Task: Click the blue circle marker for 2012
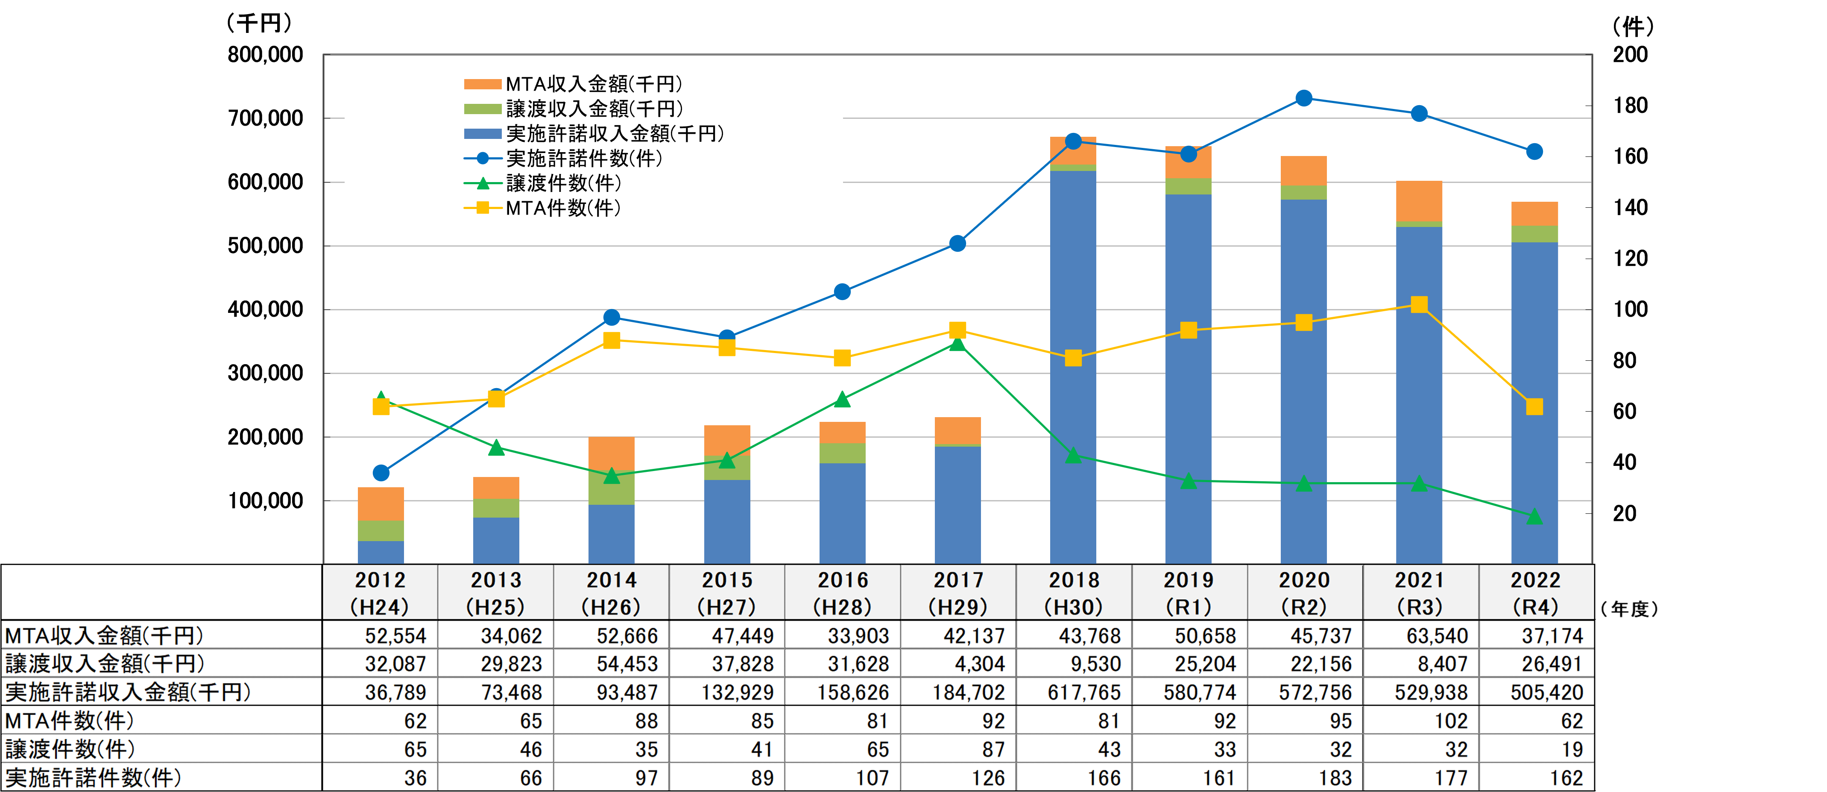381,473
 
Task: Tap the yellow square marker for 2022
1534,406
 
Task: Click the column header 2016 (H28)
843,592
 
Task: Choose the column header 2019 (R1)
1189,592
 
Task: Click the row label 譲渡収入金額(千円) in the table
105,663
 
